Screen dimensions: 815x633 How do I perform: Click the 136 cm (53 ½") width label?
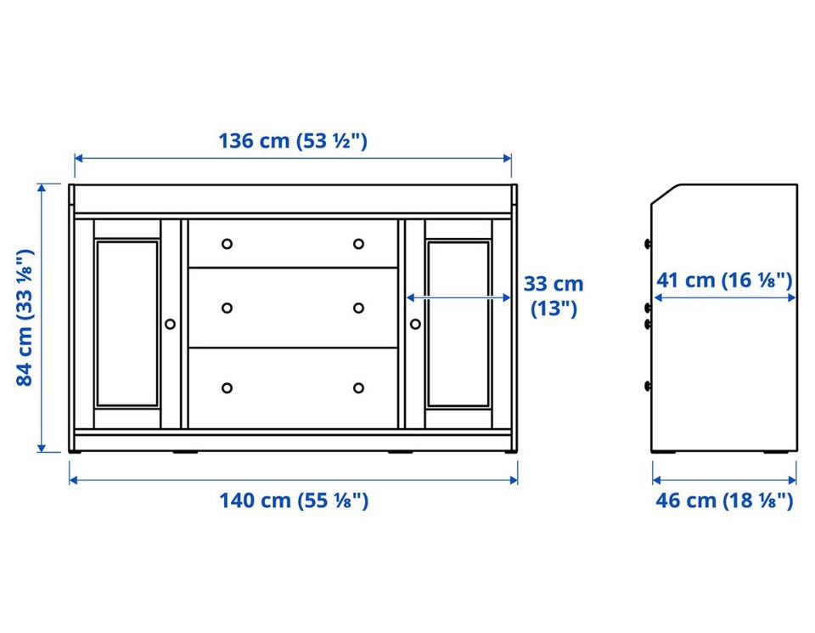[293, 141]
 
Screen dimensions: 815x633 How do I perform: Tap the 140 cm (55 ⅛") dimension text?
[294, 501]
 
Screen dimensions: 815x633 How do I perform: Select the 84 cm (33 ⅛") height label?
[25, 318]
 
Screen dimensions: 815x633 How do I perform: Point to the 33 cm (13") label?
[554, 296]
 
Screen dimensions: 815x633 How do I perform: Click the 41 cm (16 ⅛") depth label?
[724, 280]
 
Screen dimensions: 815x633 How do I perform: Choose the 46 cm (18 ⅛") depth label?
[724, 500]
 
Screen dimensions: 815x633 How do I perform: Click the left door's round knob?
[170, 324]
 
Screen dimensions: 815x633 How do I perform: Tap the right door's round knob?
[415, 324]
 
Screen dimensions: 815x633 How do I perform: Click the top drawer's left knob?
[228, 243]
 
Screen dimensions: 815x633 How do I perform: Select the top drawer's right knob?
[358, 243]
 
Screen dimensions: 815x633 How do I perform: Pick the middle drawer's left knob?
[228, 308]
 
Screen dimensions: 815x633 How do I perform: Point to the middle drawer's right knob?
[358, 308]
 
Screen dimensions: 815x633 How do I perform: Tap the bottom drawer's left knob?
[228, 388]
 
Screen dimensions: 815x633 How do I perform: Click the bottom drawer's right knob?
[358, 388]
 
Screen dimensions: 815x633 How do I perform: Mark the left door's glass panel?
[127, 324]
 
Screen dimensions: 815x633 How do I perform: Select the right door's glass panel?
[458, 324]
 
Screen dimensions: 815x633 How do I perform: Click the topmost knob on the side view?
[648, 243]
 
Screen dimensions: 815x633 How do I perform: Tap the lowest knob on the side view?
[648, 386]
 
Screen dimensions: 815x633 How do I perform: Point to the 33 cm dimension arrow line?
[458, 297]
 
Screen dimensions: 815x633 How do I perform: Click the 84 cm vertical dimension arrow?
[42, 318]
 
